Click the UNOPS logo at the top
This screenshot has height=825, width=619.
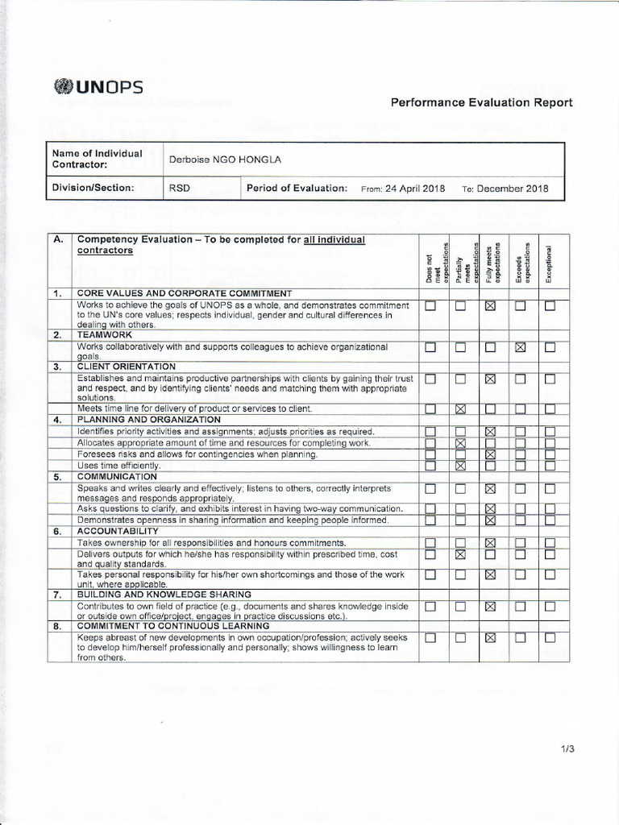pos(98,86)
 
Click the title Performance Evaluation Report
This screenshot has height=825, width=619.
pos(481,102)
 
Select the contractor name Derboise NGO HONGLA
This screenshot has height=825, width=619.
pos(225,160)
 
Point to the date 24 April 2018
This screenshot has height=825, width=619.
pos(415,189)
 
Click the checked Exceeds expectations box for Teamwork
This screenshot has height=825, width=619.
pos(520,347)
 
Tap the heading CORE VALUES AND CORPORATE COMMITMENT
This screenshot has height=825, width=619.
pos(184,293)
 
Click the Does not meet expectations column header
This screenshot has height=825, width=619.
pos(430,262)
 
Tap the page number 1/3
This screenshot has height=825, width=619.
pos(568,748)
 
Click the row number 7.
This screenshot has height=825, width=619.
pos(58,595)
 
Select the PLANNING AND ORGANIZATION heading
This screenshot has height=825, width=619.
pos(148,420)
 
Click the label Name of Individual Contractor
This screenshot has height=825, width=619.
pos(98,159)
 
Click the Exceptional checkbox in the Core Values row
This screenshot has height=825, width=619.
pos(550,306)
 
